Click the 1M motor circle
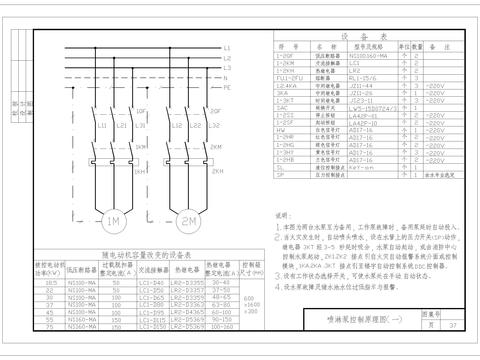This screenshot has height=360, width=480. pos(113,220)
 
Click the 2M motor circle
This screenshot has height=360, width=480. pos(189,220)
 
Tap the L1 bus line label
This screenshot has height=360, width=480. pos(227,47)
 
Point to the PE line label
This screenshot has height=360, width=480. pos(227,88)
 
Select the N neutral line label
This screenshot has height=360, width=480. pos(227,77)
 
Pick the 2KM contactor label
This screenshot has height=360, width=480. pos(217,147)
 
